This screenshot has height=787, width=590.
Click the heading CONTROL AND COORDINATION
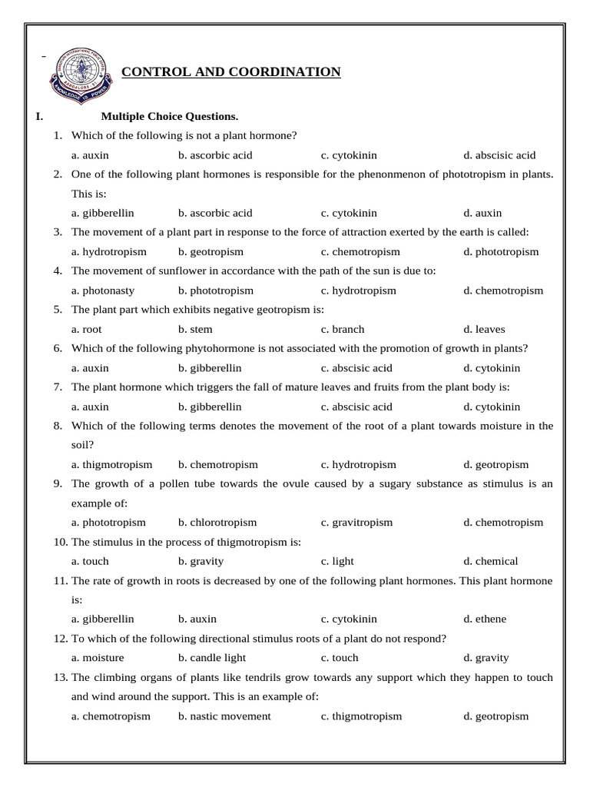tap(231, 72)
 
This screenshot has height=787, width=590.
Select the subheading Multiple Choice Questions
tap(170, 117)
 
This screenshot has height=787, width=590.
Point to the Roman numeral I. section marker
tap(39, 117)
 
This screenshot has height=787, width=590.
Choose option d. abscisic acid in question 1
tap(499, 155)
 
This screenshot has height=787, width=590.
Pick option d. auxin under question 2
tap(482, 213)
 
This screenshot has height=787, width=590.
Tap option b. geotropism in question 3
tap(210, 252)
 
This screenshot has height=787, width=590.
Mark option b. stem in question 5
tap(195, 329)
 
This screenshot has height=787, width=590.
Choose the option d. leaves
tap(484, 329)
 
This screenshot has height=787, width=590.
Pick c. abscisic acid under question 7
tap(356, 407)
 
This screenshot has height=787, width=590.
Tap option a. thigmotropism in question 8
tap(111, 465)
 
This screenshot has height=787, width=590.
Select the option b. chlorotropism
tap(217, 523)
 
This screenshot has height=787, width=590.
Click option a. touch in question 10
tap(90, 561)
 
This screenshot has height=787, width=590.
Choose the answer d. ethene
tap(485, 619)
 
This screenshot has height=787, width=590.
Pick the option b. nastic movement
tap(224, 716)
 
